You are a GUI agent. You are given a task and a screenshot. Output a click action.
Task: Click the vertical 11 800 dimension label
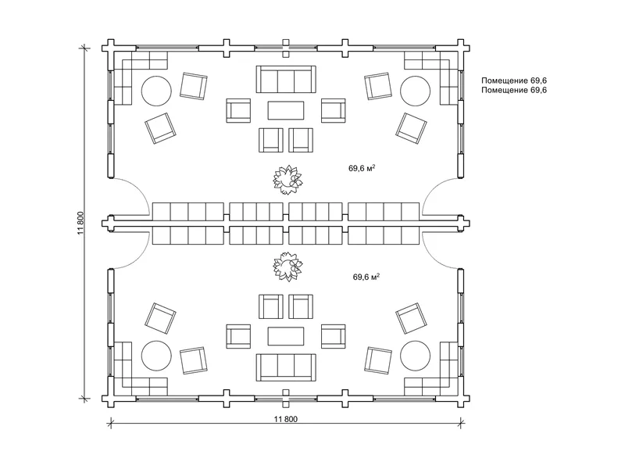pyautogui.click(x=81, y=223)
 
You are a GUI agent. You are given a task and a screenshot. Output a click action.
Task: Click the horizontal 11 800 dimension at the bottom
pyautogui.click(x=285, y=419)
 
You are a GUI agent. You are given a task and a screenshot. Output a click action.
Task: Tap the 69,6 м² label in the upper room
pyautogui.click(x=362, y=168)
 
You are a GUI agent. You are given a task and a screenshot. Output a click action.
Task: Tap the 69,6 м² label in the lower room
pyautogui.click(x=366, y=277)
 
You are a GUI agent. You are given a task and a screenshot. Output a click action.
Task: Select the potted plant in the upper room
pyautogui.click(x=287, y=180)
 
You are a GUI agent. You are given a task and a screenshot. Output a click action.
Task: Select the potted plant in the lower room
pyautogui.click(x=287, y=267)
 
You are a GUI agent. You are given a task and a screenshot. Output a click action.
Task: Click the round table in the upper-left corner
pyautogui.click(x=157, y=91)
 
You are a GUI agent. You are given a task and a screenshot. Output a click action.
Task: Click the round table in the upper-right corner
pyautogui.click(x=416, y=91)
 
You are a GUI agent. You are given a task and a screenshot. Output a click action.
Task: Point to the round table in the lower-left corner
pyautogui.click(x=157, y=356)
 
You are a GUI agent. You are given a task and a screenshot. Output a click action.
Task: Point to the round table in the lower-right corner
pyautogui.click(x=416, y=356)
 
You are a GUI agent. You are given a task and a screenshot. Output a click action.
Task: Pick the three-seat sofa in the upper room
pyautogui.click(x=286, y=80)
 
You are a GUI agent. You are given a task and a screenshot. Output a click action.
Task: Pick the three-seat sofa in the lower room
pyautogui.click(x=286, y=367)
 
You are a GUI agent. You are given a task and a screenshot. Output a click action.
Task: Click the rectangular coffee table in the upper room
pyautogui.click(x=286, y=110)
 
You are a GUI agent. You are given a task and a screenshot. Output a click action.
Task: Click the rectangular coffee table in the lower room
pyautogui.click(x=286, y=336)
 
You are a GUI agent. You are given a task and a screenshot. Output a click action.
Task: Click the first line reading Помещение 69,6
pyautogui.click(x=514, y=81)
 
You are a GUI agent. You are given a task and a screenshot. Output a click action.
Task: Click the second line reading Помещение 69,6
pyautogui.click(x=514, y=90)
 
